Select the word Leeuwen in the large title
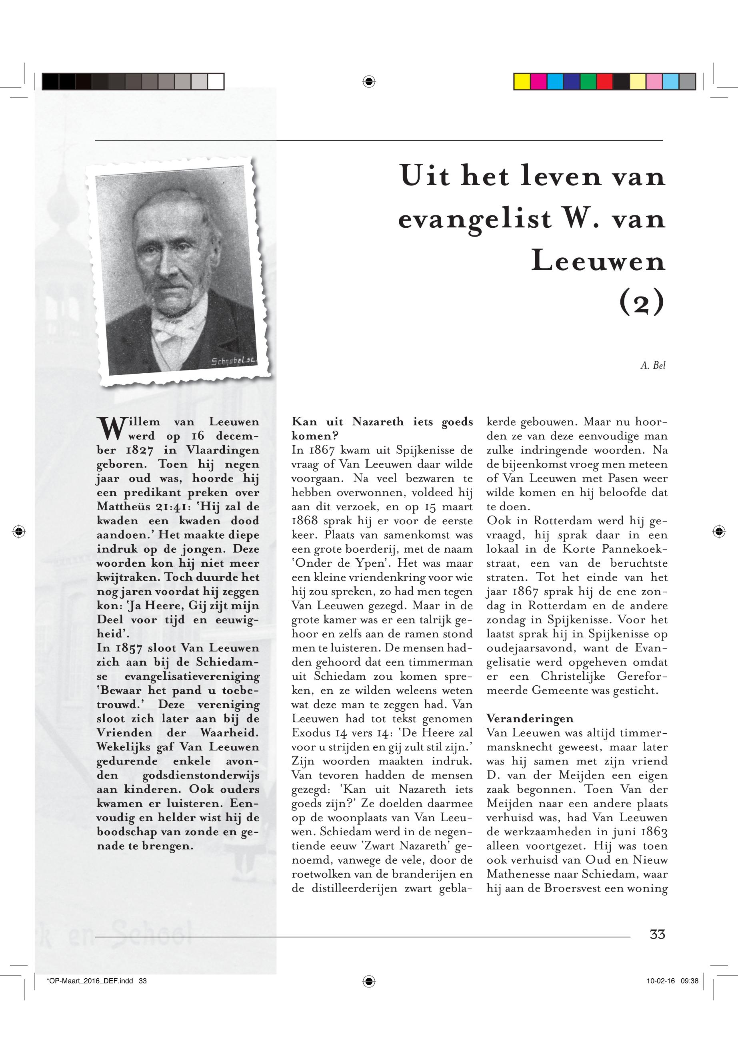598,261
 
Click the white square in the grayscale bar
216,82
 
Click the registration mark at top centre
368,82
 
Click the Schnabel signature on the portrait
234,361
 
